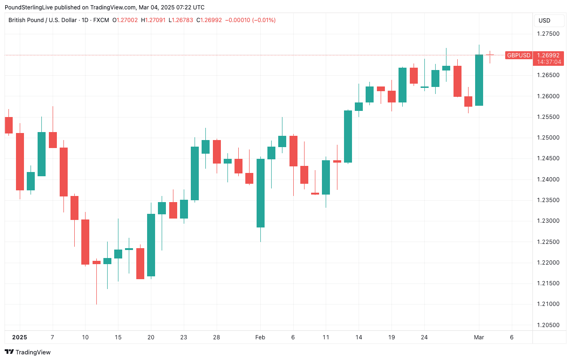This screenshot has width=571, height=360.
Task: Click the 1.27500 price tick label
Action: click(x=548, y=34)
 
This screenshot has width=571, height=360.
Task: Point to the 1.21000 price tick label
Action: click(x=548, y=304)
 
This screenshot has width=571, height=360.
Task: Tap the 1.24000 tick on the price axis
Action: click(x=548, y=180)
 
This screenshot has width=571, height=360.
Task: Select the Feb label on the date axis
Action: click(x=260, y=337)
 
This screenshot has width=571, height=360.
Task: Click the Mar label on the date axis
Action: click(x=479, y=337)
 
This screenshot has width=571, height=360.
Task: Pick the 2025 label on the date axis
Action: click(x=20, y=337)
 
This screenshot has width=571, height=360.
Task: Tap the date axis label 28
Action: click(x=216, y=337)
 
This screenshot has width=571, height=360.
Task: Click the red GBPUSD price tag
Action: click(x=519, y=55)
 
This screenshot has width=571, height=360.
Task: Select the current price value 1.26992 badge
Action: click(x=548, y=55)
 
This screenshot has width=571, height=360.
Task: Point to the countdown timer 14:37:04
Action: click(x=548, y=62)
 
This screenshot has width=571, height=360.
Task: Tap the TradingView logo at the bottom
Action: click(x=28, y=352)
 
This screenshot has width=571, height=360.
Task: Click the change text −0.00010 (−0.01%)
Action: click(x=250, y=20)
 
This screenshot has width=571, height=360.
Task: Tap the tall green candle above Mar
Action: click(x=479, y=80)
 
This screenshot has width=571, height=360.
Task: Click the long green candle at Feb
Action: click(x=260, y=193)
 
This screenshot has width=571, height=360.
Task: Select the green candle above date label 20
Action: click(x=151, y=245)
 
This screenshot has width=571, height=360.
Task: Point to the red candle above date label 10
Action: click(x=85, y=242)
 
